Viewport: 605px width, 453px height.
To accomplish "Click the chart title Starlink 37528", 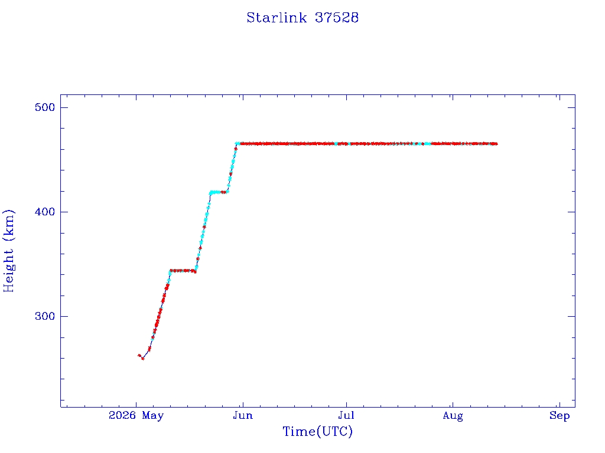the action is [302, 18].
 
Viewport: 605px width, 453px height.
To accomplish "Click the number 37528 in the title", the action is [337, 18].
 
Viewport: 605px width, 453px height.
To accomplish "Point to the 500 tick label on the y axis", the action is [45, 107].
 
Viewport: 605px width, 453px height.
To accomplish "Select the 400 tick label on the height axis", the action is [45, 212].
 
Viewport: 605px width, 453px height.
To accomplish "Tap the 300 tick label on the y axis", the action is [45, 316].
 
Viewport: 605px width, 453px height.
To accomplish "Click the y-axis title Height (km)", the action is [9, 251].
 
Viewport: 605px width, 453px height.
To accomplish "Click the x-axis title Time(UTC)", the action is [317, 431].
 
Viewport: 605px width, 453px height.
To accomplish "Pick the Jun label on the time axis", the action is [243, 416].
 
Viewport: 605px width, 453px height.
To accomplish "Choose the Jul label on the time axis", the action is [346, 416].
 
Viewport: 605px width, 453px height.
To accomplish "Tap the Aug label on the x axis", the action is [453, 416].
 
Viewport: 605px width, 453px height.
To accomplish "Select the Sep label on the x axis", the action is [560, 416].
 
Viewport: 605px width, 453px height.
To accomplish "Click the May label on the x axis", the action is [153, 416].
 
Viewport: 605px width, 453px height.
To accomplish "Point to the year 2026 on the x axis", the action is [122, 415].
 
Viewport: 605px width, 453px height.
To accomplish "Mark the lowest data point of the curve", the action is [143, 359].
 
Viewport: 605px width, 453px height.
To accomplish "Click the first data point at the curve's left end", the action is [139, 355].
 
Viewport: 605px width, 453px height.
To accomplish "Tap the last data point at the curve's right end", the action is [496, 144].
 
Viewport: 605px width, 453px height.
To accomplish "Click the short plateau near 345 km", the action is [183, 271].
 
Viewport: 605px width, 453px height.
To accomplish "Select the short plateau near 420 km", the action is [219, 192].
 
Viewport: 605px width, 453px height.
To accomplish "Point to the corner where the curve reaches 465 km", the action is [237, 144].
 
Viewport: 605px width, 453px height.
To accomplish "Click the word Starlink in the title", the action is [277, 18].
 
